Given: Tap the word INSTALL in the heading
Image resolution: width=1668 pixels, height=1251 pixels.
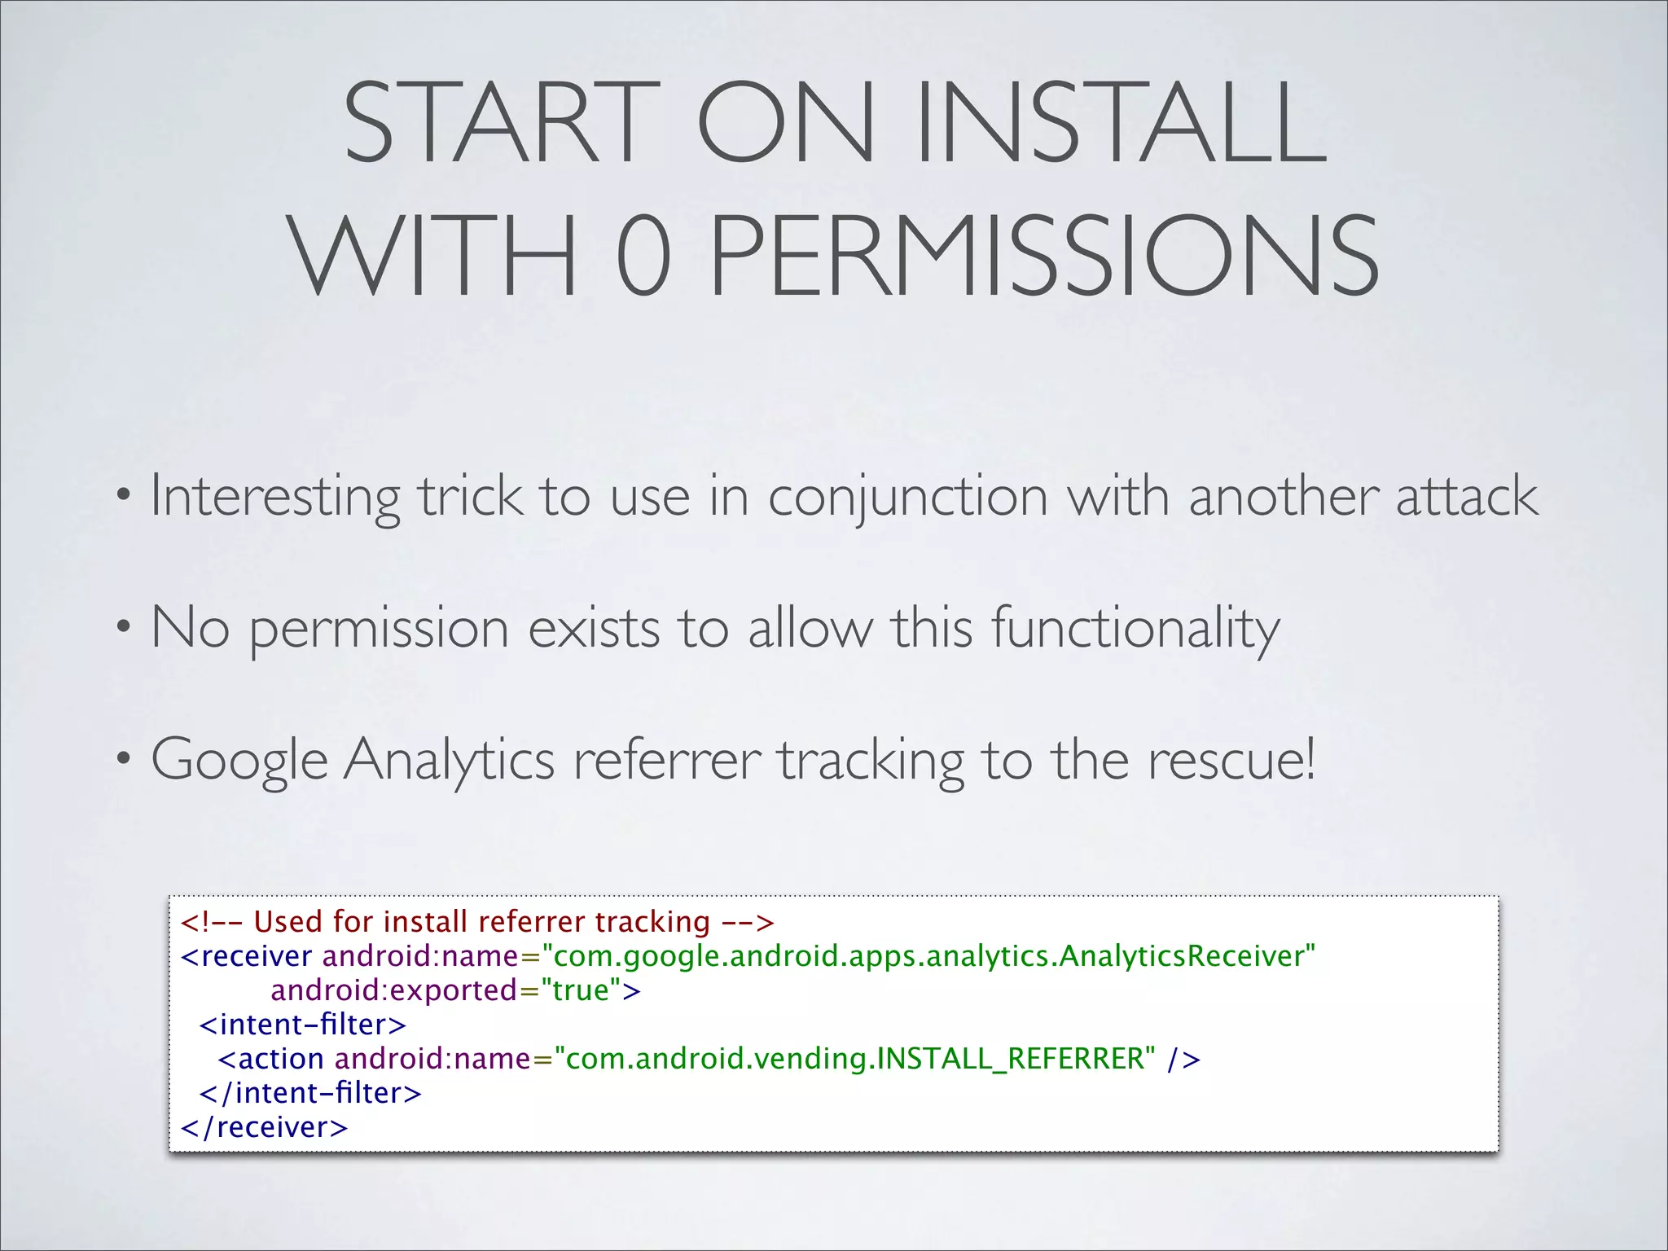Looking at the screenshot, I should pyautogui.click(x=1122, y=124).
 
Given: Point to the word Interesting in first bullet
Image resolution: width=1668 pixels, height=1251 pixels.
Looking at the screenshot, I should pyautogui.click(x=274, y=497).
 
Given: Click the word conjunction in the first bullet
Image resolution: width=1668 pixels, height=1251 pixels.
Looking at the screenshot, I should pyautogui.click(x=907, y=497).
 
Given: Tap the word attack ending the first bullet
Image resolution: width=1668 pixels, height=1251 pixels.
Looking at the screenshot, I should pyautogui.click(x=1466, y=497).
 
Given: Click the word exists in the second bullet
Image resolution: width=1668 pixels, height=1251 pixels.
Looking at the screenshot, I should pyautogui.click(x=594, y=629).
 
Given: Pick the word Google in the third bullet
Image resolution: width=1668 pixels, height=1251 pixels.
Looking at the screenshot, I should pyautogui.click(x=239, y=761).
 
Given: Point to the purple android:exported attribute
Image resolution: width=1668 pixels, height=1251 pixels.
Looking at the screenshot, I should pyautogui.click(x=394, y=990).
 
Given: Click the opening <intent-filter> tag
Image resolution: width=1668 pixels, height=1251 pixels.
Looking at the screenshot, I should pyautogui.click(x=302, y=1025).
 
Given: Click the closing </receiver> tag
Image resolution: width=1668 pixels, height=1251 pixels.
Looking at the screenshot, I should pyautogui.click(x=264, y=1127).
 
